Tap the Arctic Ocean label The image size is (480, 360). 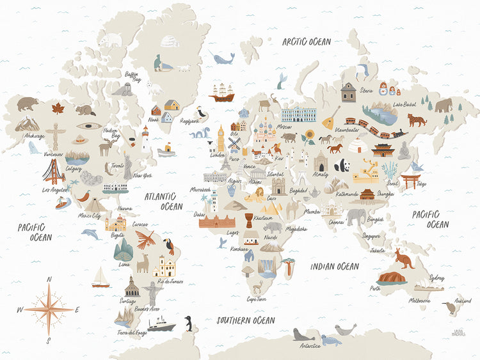click(307, 42)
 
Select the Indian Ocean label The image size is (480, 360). click(333, 266)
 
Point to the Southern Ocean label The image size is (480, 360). click(245, 320)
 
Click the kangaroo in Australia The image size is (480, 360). click(404, 258)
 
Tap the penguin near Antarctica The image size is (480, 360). click(188, 324)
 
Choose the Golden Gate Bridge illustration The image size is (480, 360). click(54, 171)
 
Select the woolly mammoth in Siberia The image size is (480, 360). click(444, 105)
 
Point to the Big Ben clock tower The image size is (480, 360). click(221, 139)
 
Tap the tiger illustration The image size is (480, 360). click(417, 120)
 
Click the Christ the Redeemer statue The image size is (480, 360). click(152, 292)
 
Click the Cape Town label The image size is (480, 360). click(256, 299)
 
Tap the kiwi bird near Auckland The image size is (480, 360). click(450, 308)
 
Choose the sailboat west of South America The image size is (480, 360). click(100, 278)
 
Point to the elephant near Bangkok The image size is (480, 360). click(356, 216)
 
